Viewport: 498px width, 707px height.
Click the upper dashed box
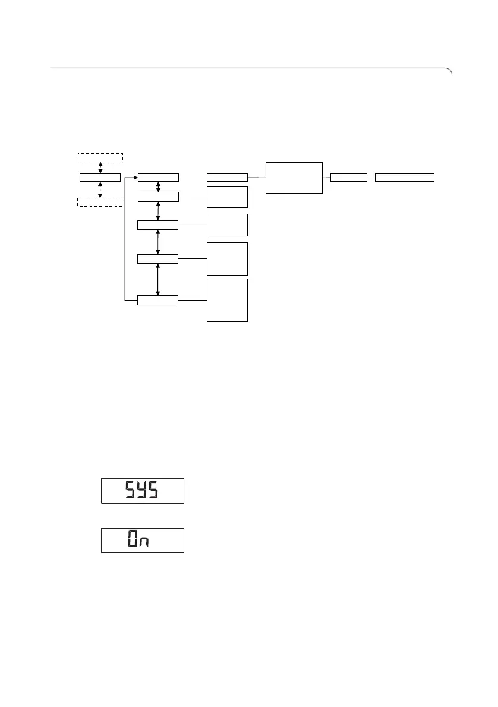point(100,157)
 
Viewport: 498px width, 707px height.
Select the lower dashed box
point(100,202)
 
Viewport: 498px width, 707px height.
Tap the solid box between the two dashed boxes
point(100,177)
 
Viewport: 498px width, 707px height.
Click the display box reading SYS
point(143,491)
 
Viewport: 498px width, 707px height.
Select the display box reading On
point(143,540)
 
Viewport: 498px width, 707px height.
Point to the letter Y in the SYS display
point(143,491)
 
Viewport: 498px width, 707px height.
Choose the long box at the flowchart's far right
point(405,177)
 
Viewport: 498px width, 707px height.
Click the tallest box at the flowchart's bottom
point(227,300)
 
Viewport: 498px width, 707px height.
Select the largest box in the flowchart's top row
point(294,177)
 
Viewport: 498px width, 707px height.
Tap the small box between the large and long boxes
point(349,177)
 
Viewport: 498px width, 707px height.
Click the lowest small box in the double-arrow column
point(157,300)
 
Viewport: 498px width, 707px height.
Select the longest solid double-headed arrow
point(157,279)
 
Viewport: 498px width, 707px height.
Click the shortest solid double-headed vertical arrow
point(157,187)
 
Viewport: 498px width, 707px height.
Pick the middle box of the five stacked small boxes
point(157,225)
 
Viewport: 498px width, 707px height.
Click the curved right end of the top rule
point(450,71)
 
